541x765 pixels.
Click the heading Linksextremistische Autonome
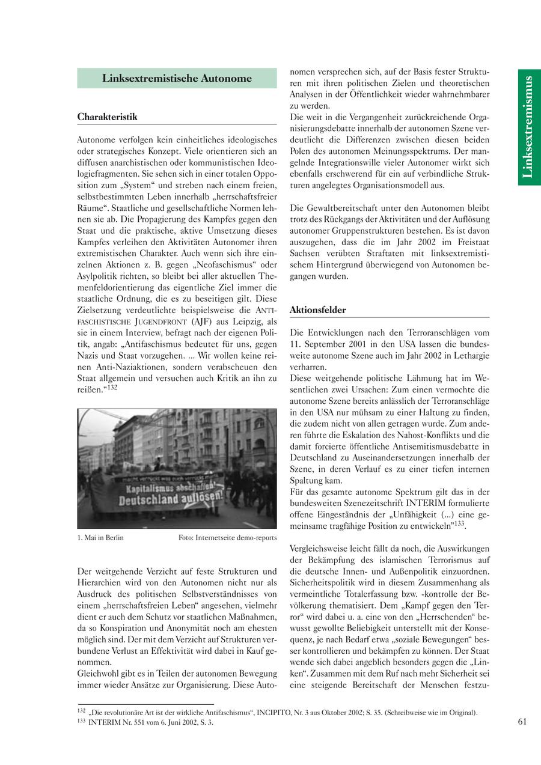(177, 78)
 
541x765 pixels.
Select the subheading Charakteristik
(107, 117)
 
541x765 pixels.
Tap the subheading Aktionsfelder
(317, 310)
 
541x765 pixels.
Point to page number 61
(522, 722)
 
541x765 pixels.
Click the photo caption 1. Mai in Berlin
(100, 537)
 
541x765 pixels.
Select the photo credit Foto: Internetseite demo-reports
(227, 537)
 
